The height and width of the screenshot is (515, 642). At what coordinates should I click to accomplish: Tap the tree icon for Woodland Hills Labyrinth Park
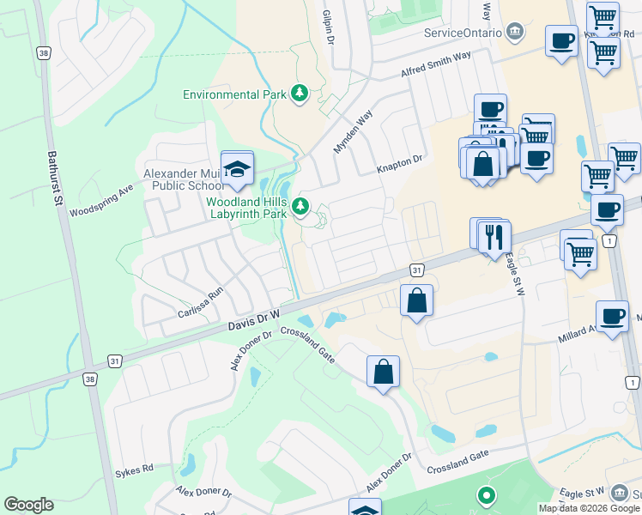[300, 205]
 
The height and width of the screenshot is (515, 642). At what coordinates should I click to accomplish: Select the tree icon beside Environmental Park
[299, 94]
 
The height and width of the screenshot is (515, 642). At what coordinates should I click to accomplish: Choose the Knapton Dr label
[401, 165]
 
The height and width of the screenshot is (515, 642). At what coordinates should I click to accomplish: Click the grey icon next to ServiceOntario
[514, 32]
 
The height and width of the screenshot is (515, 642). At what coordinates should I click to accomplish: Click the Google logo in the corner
[28, 505]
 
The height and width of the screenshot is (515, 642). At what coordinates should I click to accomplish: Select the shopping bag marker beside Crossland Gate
[383, 373]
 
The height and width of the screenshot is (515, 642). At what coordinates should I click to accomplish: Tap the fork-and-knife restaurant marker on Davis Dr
[494, 236]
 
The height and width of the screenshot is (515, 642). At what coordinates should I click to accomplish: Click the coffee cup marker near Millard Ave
[612, 317]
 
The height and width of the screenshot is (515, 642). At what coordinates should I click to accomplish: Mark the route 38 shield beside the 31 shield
[89, 377]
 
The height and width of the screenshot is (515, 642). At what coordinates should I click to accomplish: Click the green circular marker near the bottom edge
[487, 495]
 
